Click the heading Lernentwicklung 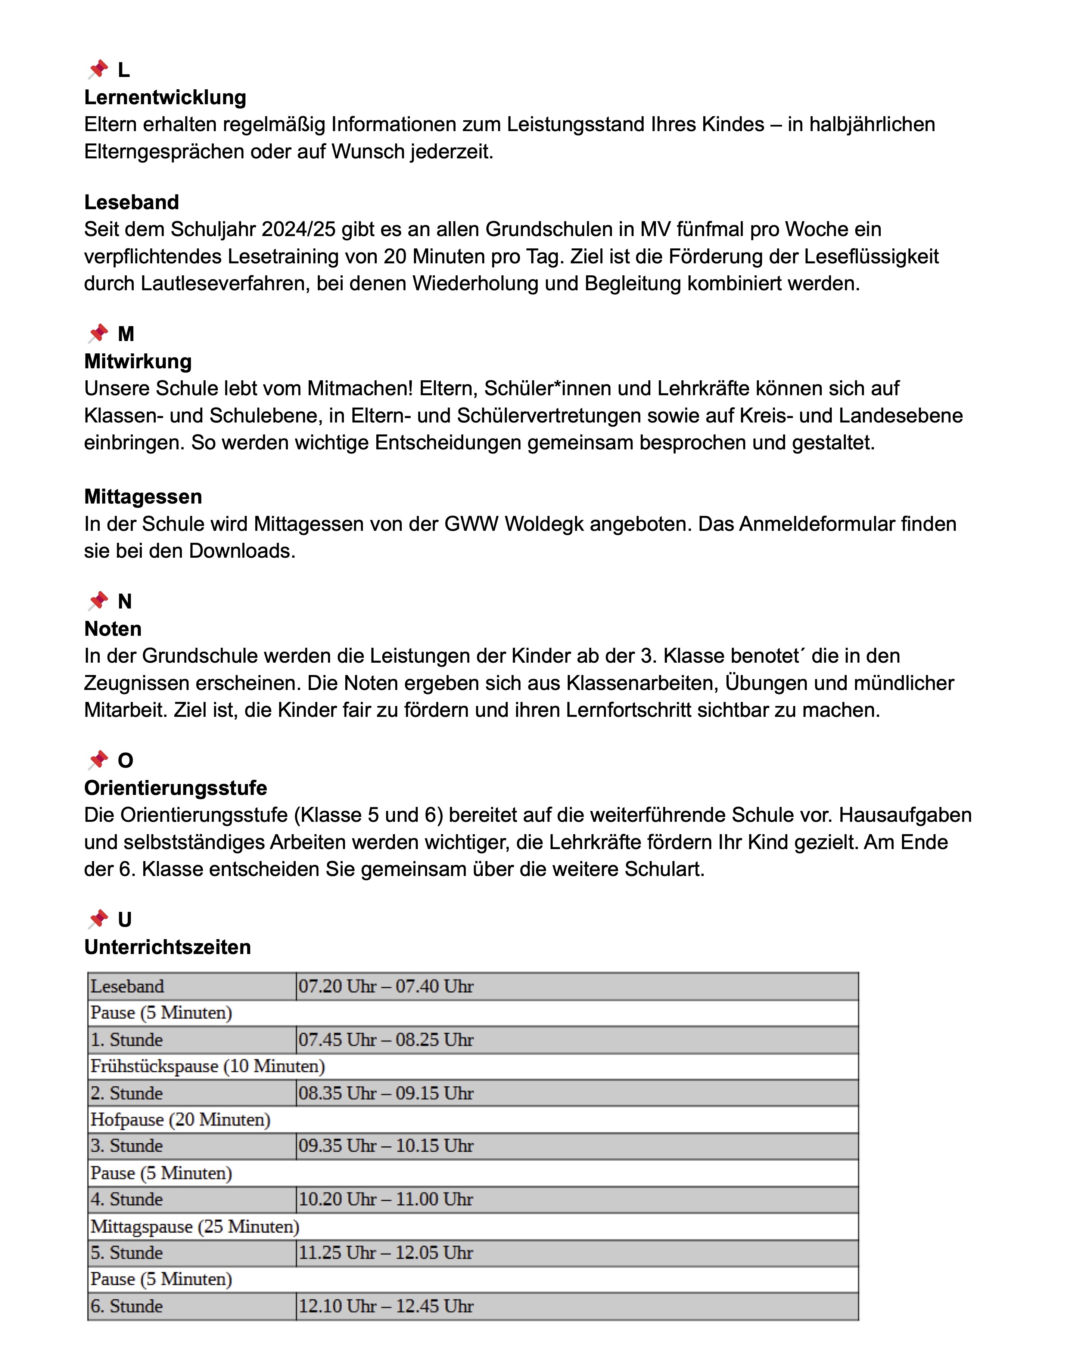(x=165, y=98)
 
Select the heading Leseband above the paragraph (x=132, y=203)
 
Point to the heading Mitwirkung (x=138, y=362)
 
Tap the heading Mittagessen (x=143, y=497)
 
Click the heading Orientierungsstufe (x=175, y=788)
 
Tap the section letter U (x=125, y=920)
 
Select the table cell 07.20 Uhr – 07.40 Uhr (x=386, y=987)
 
